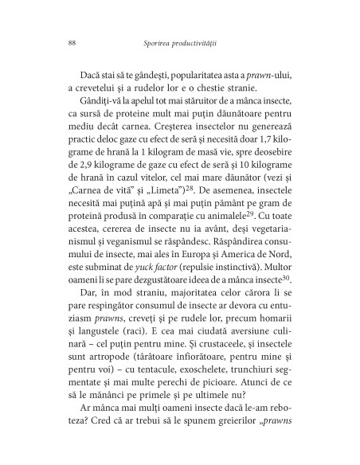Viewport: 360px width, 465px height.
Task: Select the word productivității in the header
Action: click(208, 41)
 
